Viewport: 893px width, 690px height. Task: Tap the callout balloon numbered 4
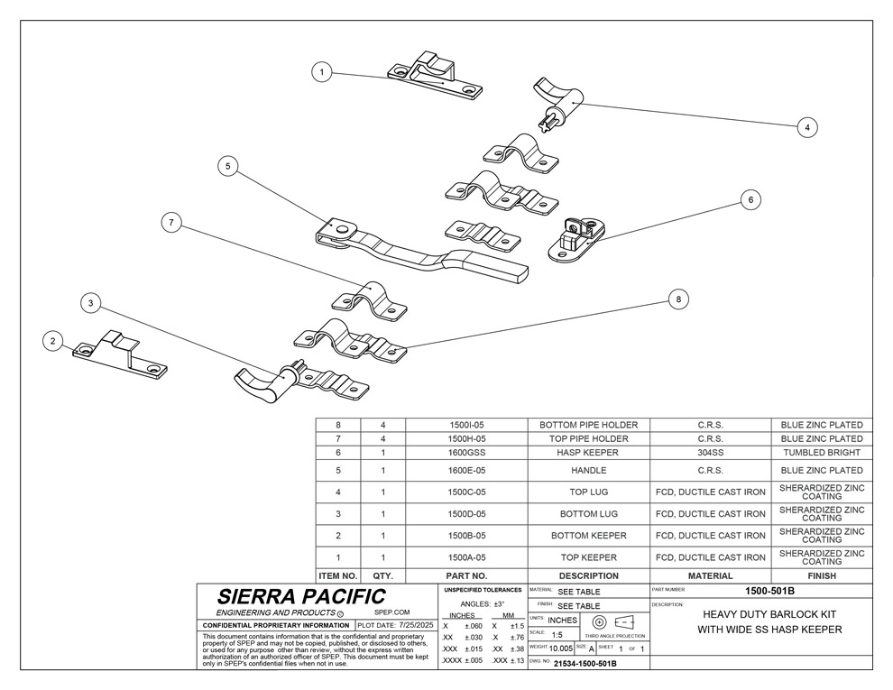[x=807, y=127]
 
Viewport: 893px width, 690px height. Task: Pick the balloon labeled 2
[x=54, y=340]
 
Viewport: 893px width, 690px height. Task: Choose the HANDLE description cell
[x=588, y=470]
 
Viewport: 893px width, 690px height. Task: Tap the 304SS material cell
[x=710, y=453]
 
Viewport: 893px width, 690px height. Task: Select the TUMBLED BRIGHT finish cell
[x=822, y=453]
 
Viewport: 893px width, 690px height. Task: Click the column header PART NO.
[x=467, y=575]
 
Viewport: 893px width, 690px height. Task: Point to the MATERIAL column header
[x=710, y=575]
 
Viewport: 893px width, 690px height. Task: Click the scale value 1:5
[x=557, y=635]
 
